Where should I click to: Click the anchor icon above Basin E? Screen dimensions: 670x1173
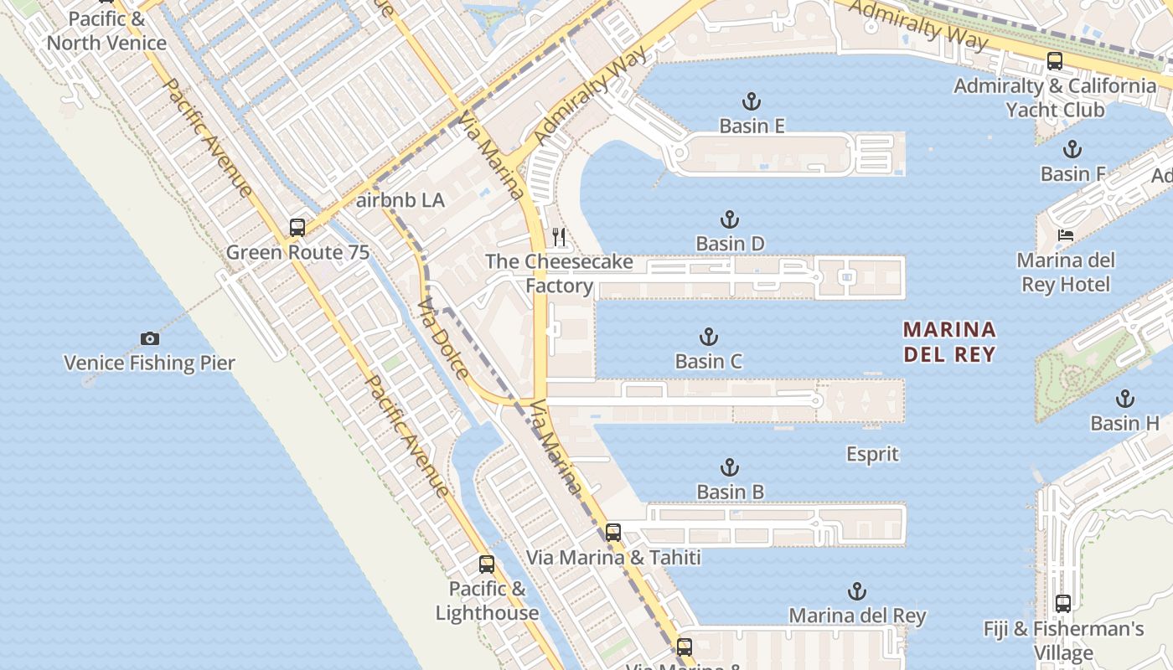tap(752, 101)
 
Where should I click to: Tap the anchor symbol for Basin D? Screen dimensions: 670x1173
tap(730, 219)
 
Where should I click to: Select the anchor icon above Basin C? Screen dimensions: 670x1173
tap(709, 337)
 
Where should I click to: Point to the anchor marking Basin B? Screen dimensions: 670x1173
tap(730, 467)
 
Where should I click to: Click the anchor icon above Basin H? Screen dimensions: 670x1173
tap(1124, 399)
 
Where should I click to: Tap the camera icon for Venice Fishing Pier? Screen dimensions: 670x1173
tap(150, 338)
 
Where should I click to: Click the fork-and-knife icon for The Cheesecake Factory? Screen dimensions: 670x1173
tap(559, 237)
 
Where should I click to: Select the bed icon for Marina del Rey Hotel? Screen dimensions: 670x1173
tap(1066, 235)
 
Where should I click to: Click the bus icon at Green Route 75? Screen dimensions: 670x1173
tap(297, 227)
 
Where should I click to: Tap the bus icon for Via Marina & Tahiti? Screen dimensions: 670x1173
tap(613, 532)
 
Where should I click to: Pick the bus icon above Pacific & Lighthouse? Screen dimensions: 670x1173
tap(487, 564)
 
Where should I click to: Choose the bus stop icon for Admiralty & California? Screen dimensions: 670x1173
tap(1055, 60)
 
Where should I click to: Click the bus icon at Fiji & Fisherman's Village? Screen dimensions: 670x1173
tap(1063, 603)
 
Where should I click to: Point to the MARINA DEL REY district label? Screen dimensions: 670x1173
tap(949, 342)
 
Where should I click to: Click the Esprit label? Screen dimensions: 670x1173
tap(872, 455)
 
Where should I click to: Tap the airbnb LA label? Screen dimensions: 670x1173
tap(400, 201)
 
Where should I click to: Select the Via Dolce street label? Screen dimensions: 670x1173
tap(441, 337)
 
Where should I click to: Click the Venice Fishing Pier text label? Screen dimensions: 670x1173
tap(150, 363)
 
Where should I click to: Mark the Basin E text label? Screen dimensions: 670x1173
tap(752, 126)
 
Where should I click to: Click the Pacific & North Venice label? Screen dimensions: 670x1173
tap(106, 30)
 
